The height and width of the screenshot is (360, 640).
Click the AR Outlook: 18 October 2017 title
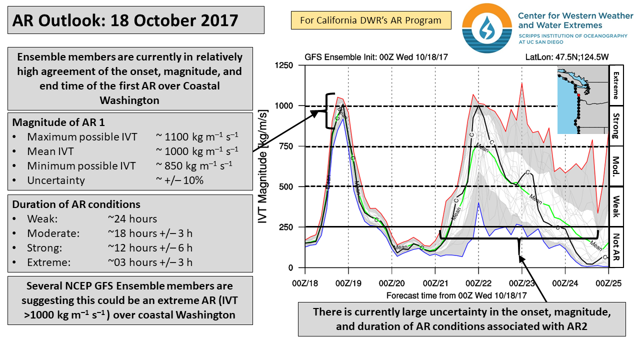pos(125,20)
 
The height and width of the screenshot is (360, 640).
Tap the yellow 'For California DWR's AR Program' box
pos(370,20)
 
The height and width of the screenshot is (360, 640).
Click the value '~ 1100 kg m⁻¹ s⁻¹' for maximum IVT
pos(197,137)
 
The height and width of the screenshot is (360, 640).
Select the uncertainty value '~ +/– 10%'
pos(180,180)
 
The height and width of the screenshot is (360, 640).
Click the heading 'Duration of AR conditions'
pos(76,204)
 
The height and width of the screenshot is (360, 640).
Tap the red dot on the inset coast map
pos(578,94)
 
